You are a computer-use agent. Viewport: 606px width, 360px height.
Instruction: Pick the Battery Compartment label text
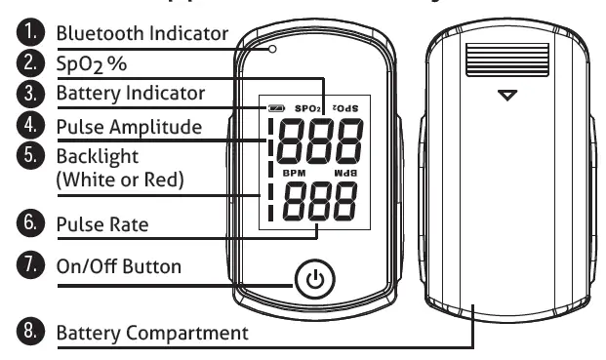pyautogui.click(x=151, y=334)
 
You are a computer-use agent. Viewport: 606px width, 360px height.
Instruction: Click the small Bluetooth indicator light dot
pyautogui.click(x=274, y=48)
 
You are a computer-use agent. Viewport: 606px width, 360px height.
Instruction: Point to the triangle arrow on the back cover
pyautogui.click(x=504, y=96)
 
